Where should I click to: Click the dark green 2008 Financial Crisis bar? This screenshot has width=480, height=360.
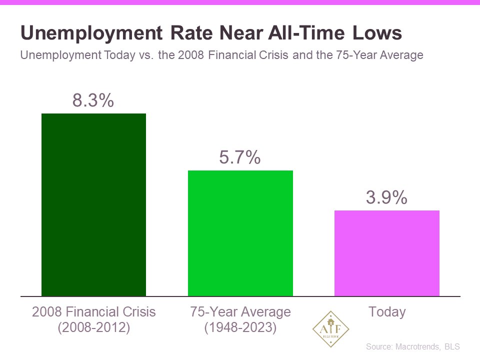pos(93,204)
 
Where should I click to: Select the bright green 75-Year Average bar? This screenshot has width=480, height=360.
pos(240,233)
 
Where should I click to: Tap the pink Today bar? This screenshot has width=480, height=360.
pos(386,253)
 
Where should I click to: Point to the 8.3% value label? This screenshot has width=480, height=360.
pos(93,100)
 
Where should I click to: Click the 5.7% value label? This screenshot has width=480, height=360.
pos(240,157)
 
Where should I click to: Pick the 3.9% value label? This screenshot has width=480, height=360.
pos(386,198)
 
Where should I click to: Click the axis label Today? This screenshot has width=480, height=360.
pos(386,312)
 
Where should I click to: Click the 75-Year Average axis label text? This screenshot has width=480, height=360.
pos(240,312)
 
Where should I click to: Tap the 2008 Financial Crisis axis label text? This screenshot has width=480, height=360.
pos(93,312)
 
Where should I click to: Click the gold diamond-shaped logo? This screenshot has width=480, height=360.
pos(330,328)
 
